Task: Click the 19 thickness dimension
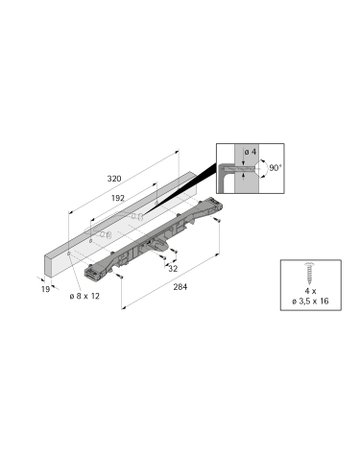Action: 46,289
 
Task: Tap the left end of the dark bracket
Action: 92,270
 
